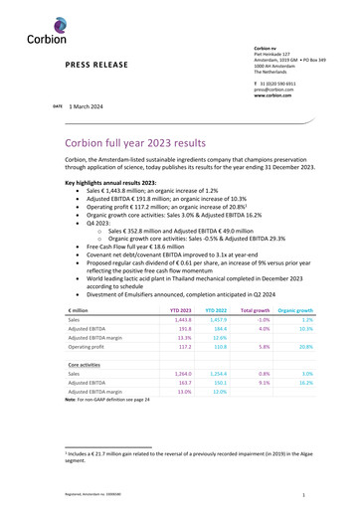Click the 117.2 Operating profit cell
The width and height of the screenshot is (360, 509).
click(183, 349)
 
